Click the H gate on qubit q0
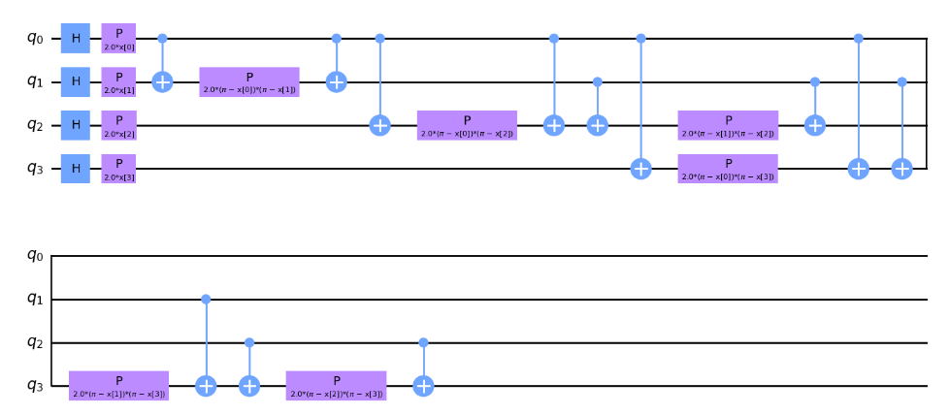pyautogui.click(x=75, y=39)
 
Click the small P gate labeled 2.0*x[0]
pyautogui.click(x=118, y=39)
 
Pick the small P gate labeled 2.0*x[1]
pyautogui.click(x=118, y=82)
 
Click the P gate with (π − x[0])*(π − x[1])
pyautogui.click(x=249, y=82)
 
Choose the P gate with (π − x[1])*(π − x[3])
pyautogui.click(x=118, y=386)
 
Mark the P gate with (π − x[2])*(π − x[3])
pyautogui.click(x=336, y=386)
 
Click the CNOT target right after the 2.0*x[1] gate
pyautogui.click(x=162, y=82)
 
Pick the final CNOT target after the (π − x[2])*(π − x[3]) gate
pyautogui.click(x=423, y=386)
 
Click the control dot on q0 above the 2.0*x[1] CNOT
pyautogui.click(x=162, y=39)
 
